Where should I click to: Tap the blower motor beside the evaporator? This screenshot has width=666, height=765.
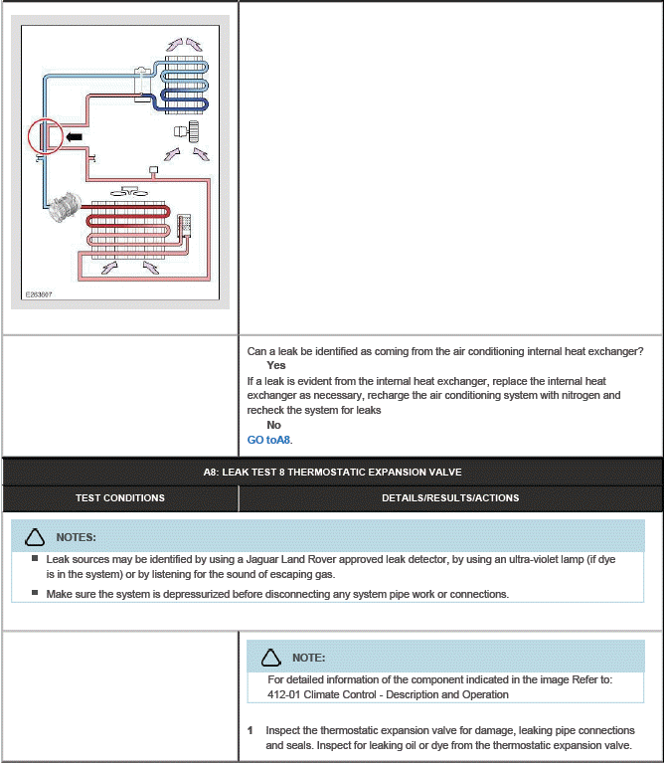pyautogui.click(x=186, y=131)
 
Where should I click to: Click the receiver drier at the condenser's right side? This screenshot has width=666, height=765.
pyautogui.click(x=184, y=227)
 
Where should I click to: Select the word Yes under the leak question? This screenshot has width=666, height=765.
pyautogui.click(x=275, y=366)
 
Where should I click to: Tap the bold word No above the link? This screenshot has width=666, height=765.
pyautogui.click(x=274, y=425)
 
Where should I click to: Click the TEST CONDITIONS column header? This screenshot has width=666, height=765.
pyautogui.click(x=120, y=497)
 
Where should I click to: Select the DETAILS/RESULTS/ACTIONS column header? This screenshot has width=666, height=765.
pyautogui.click(x=450, y=497)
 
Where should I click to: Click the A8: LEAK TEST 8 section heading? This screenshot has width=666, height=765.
pyautogui.click(x=332, y=472)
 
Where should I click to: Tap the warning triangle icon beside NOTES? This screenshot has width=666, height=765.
pyautogui.click(x=35, y=537)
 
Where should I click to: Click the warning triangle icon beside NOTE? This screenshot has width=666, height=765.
pyautogui.click(x=270, y=658)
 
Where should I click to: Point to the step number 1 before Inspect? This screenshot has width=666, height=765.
pyautogui.click(x=250, y=730)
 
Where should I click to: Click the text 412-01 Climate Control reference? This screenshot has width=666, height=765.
pyautogui.click(x=388, y=694)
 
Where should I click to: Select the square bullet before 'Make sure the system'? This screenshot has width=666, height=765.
pyautogui.click(x=35, y=593)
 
